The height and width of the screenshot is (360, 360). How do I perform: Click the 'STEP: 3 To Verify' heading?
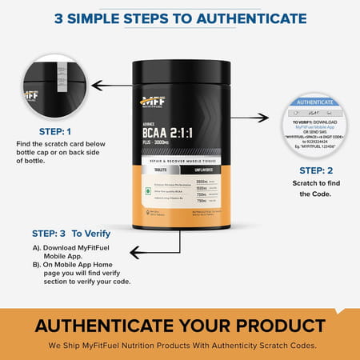tap(69, 234)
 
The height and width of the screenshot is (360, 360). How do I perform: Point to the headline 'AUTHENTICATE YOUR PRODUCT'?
tap(179, 326)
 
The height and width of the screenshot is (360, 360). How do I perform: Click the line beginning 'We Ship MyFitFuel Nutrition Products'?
tap(179, 346)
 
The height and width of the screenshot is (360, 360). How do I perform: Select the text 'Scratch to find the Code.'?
tap(318, 189)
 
